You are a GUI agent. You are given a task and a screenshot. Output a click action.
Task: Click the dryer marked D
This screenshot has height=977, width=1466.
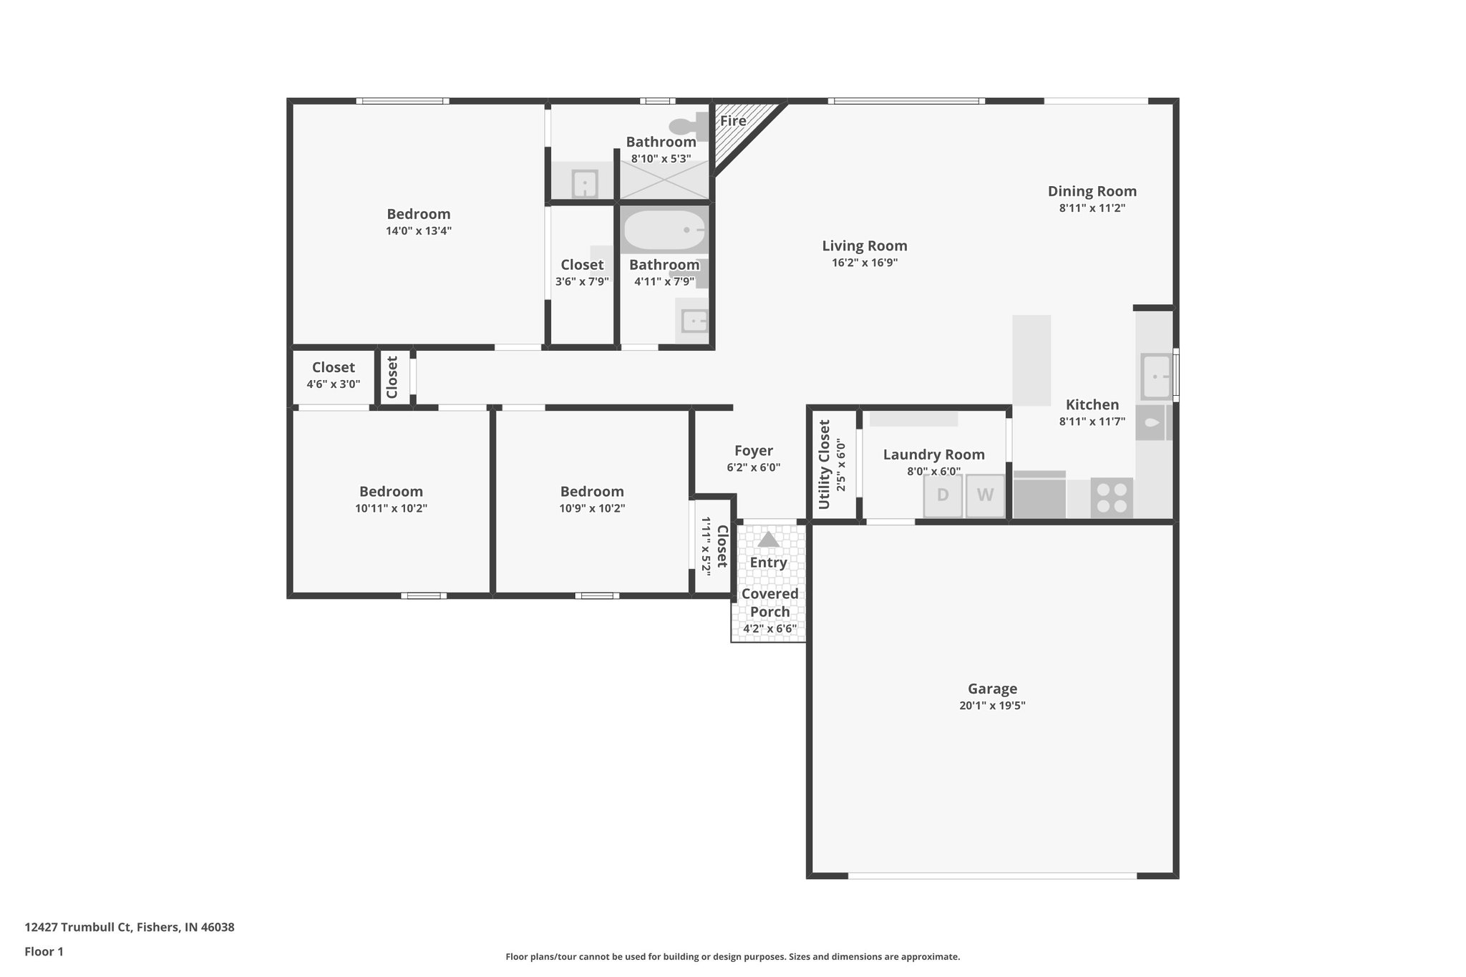pyautogui.click(x=943, y=495)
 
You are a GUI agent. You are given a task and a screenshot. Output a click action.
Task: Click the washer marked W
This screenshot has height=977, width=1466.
pyautogui.click(x=985, y=495)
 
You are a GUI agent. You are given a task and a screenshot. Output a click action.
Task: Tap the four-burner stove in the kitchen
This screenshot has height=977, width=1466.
pyautogui.click(x=1112, y=497)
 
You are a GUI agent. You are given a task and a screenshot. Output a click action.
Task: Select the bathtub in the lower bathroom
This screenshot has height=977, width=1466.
pyautogui.click(x=664, y=230)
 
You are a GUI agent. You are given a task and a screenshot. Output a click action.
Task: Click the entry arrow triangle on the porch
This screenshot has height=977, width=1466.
pyautogui.click(x=768, y=540)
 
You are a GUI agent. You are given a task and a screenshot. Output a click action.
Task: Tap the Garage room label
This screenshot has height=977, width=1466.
pyautogui.click(x=992, y=689)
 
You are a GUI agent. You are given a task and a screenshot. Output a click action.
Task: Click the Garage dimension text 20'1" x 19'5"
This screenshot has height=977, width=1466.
pyautogui.click(x=992, y=706)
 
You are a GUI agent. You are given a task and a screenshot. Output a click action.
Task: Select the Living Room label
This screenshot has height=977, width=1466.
pyautogui.click(x=864, y=246)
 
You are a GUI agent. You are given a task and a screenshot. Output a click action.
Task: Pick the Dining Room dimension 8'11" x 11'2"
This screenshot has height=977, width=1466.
pyautogui.click(x=1092, y=208)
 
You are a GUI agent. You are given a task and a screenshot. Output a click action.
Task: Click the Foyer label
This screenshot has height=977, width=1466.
pyautogui.click(x=754, y=451)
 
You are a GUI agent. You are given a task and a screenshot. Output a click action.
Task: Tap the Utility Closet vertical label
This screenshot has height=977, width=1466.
pyautogui.click(x=824, y=465)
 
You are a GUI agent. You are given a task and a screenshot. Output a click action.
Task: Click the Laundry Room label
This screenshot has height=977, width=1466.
pyautogui.click(x=933, y=455)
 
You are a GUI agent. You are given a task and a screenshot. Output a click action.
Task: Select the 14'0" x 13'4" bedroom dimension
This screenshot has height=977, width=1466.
pyautogui.click(x=419, y=231)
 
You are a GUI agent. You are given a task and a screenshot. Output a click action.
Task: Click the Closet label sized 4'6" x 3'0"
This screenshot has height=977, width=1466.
pyautogui.click(x=333, y=367)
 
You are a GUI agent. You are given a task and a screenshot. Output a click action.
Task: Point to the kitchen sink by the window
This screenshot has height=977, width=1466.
pyautogui.click(x=1155, y=376)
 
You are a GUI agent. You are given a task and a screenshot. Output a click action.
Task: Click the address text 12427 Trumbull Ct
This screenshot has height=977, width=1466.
pyautogui.click(x=130, y=927)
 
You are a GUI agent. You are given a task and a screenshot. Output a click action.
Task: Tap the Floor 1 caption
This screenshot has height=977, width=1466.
pyautogui.click(x=44, y=951)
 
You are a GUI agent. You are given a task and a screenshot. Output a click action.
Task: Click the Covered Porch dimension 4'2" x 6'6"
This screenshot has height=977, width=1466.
pyautogui.click(x=770, y=629)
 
